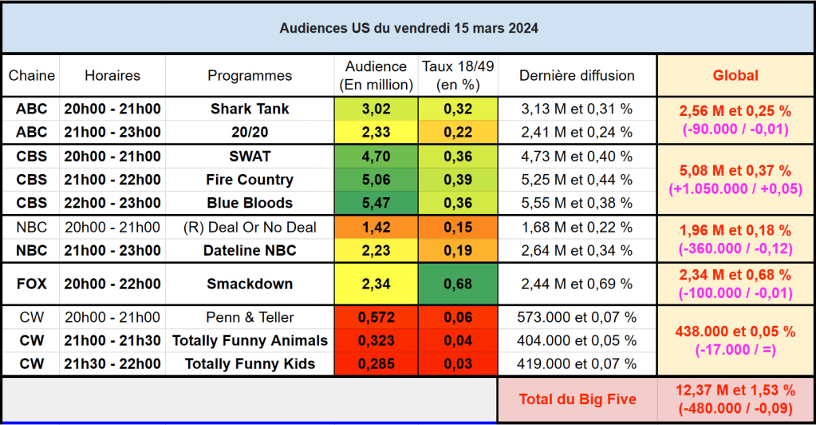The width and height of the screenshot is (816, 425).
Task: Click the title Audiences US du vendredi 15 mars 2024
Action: coord(408,28)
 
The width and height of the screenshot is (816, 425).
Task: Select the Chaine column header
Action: coord(32,76)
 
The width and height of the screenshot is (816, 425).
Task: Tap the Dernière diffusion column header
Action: coord(577,76)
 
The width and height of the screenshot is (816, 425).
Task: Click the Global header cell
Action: coord(735,76)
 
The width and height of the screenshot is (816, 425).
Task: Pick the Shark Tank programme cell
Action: coord(250,109)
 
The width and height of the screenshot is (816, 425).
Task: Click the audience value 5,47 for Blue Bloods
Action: coord(376,203)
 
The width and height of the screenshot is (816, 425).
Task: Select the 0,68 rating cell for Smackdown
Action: coord(457,284)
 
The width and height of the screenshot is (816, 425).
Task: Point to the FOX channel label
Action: coord(32,284)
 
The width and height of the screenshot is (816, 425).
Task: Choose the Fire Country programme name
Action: coord(250,180)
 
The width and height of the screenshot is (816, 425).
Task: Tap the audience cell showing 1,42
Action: coord(376,228)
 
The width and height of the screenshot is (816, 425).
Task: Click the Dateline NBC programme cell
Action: coord(250,251)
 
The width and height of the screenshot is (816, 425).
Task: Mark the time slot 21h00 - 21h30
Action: coord(112,340)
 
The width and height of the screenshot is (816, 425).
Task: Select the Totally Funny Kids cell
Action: coord(250,364)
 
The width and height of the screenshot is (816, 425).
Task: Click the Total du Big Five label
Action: coord(578,399)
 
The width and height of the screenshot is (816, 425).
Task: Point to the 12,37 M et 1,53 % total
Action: coord(735,391)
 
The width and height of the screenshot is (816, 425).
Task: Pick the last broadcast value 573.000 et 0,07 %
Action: coord(577,317)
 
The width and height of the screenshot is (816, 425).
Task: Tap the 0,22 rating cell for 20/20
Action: coord(457,132)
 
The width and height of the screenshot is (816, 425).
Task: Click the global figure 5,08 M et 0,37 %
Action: coord(735,170)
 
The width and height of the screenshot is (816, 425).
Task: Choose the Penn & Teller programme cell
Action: coord(250,317)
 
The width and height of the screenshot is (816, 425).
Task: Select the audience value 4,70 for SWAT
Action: coord(376,156)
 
